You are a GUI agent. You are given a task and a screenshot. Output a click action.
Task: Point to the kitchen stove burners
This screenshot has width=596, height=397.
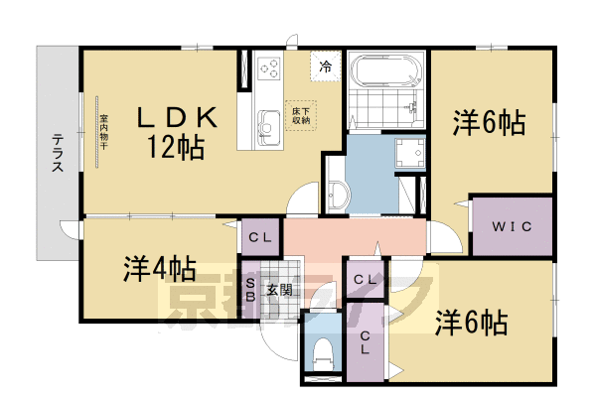tap(270, 68)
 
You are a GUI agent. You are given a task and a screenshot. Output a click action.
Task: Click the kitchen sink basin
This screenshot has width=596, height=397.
tap(269, 123)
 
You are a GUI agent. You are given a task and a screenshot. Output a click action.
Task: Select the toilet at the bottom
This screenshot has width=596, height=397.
tap(321, 351)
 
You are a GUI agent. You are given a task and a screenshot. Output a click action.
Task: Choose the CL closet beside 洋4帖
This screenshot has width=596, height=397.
tap(260, 237)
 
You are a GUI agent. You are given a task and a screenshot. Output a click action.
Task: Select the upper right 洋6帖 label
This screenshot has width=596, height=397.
tap(489, 124)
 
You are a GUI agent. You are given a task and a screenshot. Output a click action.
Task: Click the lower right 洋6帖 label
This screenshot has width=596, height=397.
tap(473, 323)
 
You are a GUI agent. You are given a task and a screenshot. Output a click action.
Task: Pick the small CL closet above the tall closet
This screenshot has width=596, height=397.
tap(365, 279)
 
